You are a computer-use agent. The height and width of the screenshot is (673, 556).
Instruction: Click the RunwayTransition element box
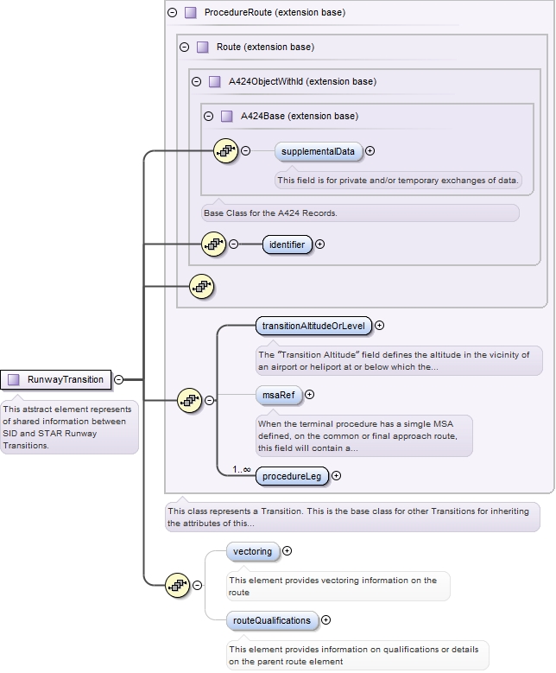pyautogui.click(x=56, y=379)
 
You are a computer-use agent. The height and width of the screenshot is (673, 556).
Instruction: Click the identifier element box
pyautogui.click(x=287, y=244)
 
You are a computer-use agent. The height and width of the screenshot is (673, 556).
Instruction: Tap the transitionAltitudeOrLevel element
pyautogui.click(x=313, y=326)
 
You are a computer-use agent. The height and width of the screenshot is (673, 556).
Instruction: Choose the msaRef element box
pyautogui.click(x=276, y=395)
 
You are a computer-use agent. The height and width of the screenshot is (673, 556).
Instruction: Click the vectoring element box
pyautogui.click(x=252, y=551)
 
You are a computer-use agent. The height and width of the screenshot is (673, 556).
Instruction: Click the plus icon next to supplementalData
pyautogui.click(x=370, y=151)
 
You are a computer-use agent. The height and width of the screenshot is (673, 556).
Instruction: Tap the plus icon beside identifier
pyautogui.click(x=320, y=244)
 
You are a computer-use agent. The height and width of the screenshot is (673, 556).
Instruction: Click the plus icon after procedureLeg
pyautogui.click(x=337, y=475)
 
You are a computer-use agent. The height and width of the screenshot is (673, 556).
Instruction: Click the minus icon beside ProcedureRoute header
pyautogui.click(x=172, y=13)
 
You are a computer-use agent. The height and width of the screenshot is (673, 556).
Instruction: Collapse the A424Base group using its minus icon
pyautogui.click(x=208, y=116)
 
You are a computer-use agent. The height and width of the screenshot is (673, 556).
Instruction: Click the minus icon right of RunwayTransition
pyautogui.click(x=118, y=379)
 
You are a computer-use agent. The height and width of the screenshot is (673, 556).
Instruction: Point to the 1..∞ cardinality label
pyautogui.click(x=241, y=469)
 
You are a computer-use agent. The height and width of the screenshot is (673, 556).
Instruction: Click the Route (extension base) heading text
pyautogui.click(x=265, y=47)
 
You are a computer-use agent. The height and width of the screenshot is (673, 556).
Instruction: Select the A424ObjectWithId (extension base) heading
pyautogui.click(x=301, y=81)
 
